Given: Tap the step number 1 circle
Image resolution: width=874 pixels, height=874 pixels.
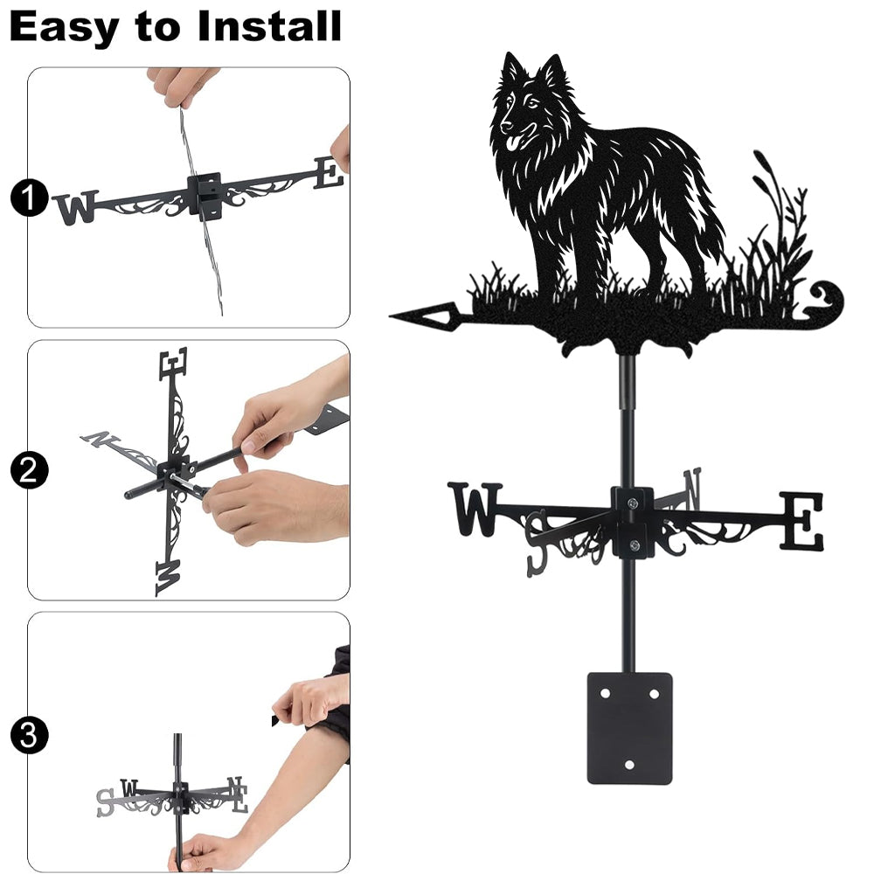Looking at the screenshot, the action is pyautogui.click(x=28, y=198).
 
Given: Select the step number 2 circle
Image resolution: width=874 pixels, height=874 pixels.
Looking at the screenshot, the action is pyautogui.click(x=28, y=470).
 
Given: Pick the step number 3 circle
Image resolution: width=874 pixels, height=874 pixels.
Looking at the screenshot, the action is pyautogui.click(x=28, y=735).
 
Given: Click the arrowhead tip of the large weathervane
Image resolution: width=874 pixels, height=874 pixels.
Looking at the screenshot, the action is pyautogui.click(x=390, y=316).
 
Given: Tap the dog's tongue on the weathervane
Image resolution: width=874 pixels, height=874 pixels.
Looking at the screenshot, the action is pyautogui.click(x=511, y=145).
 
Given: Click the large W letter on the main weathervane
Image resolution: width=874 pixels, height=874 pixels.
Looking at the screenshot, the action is pyautogui.click(x=475, y=509).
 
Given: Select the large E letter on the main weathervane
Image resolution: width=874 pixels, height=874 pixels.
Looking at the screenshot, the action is pyautogui.click(x=801, y=520).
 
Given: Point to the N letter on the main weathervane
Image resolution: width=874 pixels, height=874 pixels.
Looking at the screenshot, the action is pyautogui.click(x=692, y=489).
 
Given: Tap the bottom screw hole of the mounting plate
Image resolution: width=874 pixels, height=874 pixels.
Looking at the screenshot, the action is pyautogui.click(x=629, y=765).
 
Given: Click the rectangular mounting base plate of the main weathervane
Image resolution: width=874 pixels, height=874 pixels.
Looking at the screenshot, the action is pyautogui.click(x=629, y=728).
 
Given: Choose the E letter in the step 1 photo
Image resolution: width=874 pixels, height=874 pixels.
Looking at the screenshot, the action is pyautogui.click(x=329, y=172).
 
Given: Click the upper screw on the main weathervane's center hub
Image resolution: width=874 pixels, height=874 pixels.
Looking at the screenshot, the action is pyautogui.click(x=632, y=503).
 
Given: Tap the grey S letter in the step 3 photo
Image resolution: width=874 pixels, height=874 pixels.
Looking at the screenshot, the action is pyautogui.click(x=105, y=802).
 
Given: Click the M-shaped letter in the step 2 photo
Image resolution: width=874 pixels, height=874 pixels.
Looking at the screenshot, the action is pyautogui.click(x=169, y=578).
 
